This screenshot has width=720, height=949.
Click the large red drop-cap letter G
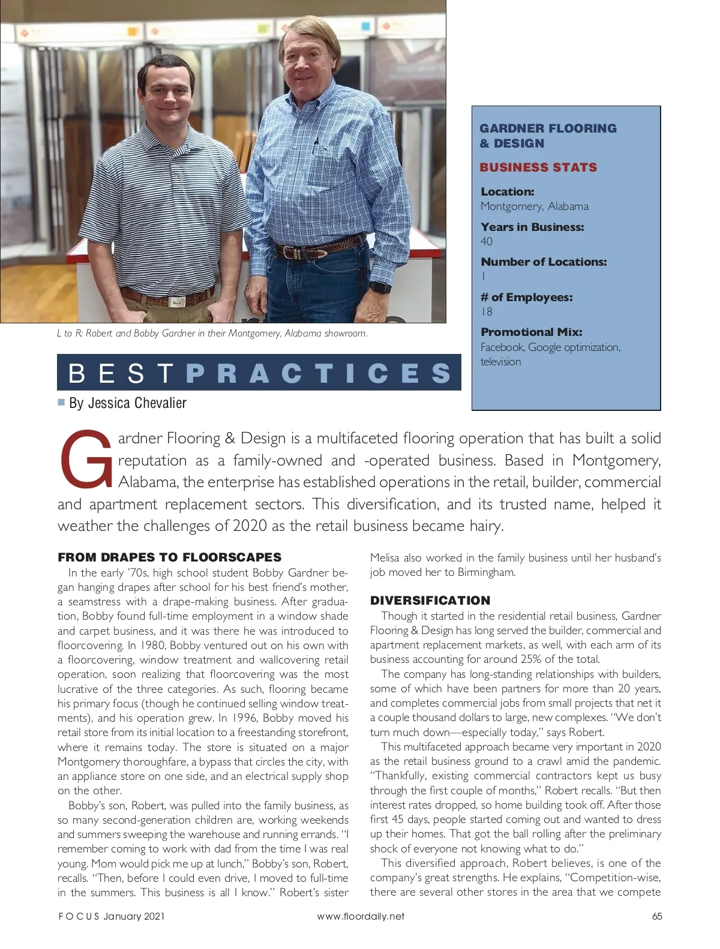click(86, 459)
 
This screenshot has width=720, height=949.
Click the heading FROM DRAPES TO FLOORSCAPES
click(169, 557)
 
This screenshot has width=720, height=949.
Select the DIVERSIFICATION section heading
click(430, 600)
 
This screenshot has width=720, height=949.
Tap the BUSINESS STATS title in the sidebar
click(538, 167)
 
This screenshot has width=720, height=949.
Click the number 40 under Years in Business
click(487, 242)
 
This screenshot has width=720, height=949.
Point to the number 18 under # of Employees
click(487, 312)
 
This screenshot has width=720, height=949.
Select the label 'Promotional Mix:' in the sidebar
click(531, 332)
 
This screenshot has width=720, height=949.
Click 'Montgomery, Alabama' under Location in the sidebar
click(534, 206)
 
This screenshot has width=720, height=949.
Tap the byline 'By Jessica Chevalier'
click(127, 403)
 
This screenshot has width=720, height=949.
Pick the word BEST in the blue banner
click(121, 373)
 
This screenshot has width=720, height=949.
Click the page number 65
click(657, 916)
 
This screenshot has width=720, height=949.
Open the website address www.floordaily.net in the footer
click(361, 916)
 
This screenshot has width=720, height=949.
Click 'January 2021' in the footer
click(134, 916)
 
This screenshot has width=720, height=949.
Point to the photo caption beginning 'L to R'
click(212, 334)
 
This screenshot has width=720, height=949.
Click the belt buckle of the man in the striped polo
click(177, 302)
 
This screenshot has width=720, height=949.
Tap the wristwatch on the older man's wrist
click(380, 287)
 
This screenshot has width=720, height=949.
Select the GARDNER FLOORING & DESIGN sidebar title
click(547, 136)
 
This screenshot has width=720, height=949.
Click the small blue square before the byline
click(61, 402)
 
